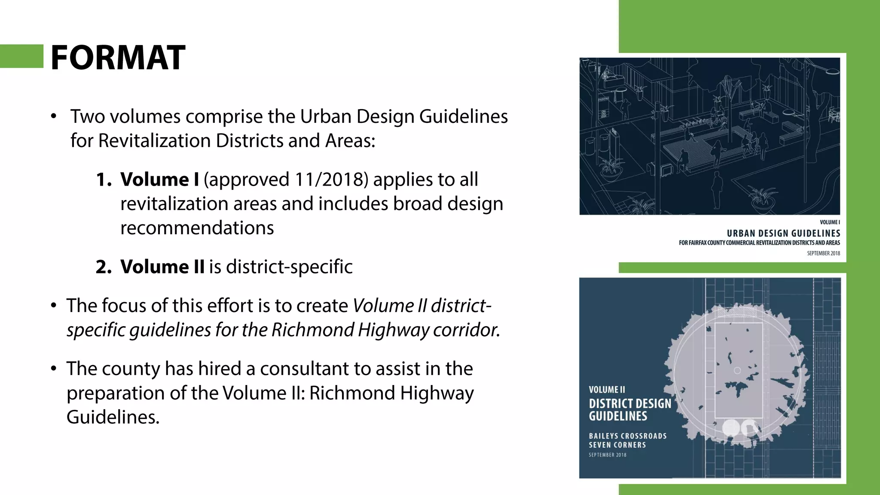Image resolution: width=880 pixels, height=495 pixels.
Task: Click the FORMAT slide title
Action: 118,58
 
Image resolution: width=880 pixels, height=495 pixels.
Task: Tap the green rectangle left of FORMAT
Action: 21,56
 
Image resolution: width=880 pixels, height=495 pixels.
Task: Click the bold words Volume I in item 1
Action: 159,180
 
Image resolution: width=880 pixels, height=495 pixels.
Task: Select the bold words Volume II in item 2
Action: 162,267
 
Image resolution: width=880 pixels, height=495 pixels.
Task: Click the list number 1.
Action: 103,180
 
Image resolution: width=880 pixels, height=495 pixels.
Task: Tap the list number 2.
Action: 104,267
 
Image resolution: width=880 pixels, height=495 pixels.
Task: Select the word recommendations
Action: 197,228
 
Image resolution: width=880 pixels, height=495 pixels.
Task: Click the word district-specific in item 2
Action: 289,267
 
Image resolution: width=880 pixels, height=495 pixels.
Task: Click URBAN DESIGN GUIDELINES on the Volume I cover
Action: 783,233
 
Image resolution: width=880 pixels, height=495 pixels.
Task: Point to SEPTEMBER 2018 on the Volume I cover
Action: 823,253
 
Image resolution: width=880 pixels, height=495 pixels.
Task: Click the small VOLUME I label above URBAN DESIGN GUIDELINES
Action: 830,222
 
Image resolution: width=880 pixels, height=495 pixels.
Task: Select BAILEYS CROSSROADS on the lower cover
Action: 628,436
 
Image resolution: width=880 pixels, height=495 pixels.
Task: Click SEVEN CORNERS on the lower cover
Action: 617,445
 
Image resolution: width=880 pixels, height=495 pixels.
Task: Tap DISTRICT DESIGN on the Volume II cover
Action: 630,403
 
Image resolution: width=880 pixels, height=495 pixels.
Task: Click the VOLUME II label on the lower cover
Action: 607,390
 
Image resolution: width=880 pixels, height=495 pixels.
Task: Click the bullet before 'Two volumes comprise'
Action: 53,116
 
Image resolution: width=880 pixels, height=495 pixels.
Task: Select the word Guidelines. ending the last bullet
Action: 113,417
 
